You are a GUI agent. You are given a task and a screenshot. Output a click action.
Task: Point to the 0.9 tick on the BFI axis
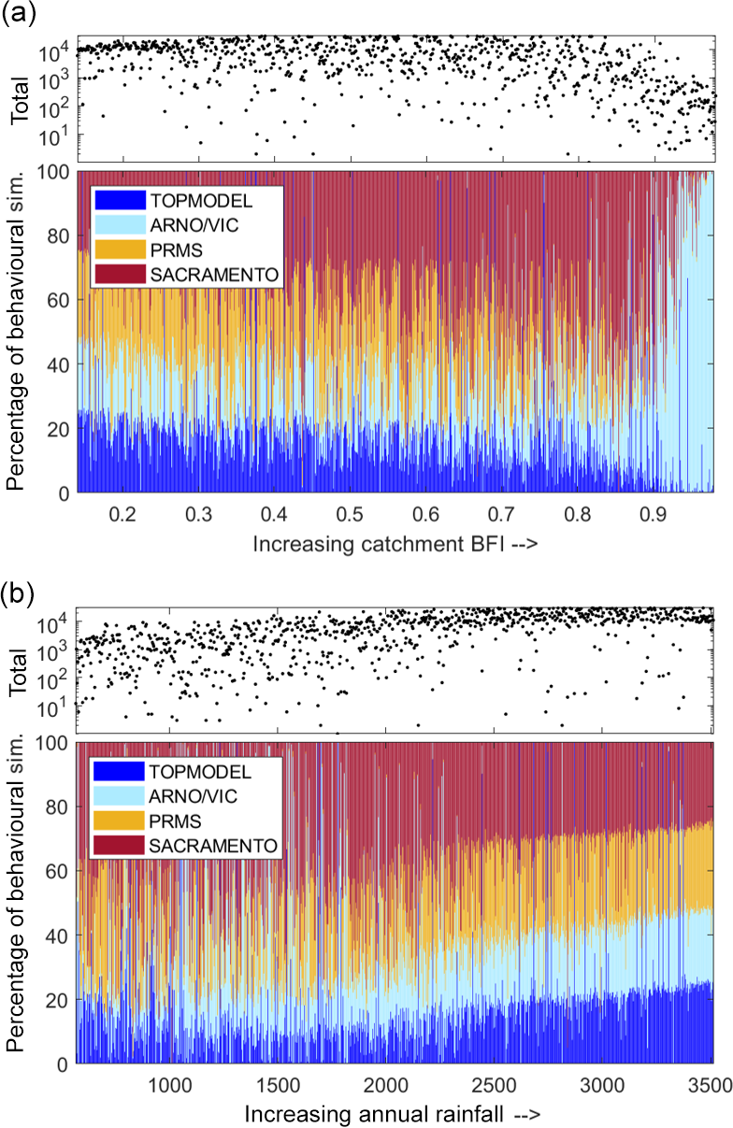654,513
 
